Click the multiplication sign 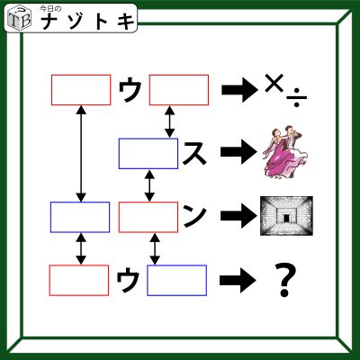pos(274,83)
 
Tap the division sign pos(296,98)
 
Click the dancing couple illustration pos(285,152)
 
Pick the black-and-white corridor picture pos(286,215)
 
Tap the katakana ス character pos(194,154)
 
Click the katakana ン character pos(194,215)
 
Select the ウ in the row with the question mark pos(128,280)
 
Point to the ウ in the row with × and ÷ pos(130,90)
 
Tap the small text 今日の pos(50,9)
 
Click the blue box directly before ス pos(148,153)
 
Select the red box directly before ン pos(148,217)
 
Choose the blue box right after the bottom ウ pos(176,281)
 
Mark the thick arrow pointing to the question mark pos(238,281)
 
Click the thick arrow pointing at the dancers pos(238,152)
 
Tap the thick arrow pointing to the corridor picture pos(238,215)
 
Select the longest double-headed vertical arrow pos(81,153)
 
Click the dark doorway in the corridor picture pos(286,218)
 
